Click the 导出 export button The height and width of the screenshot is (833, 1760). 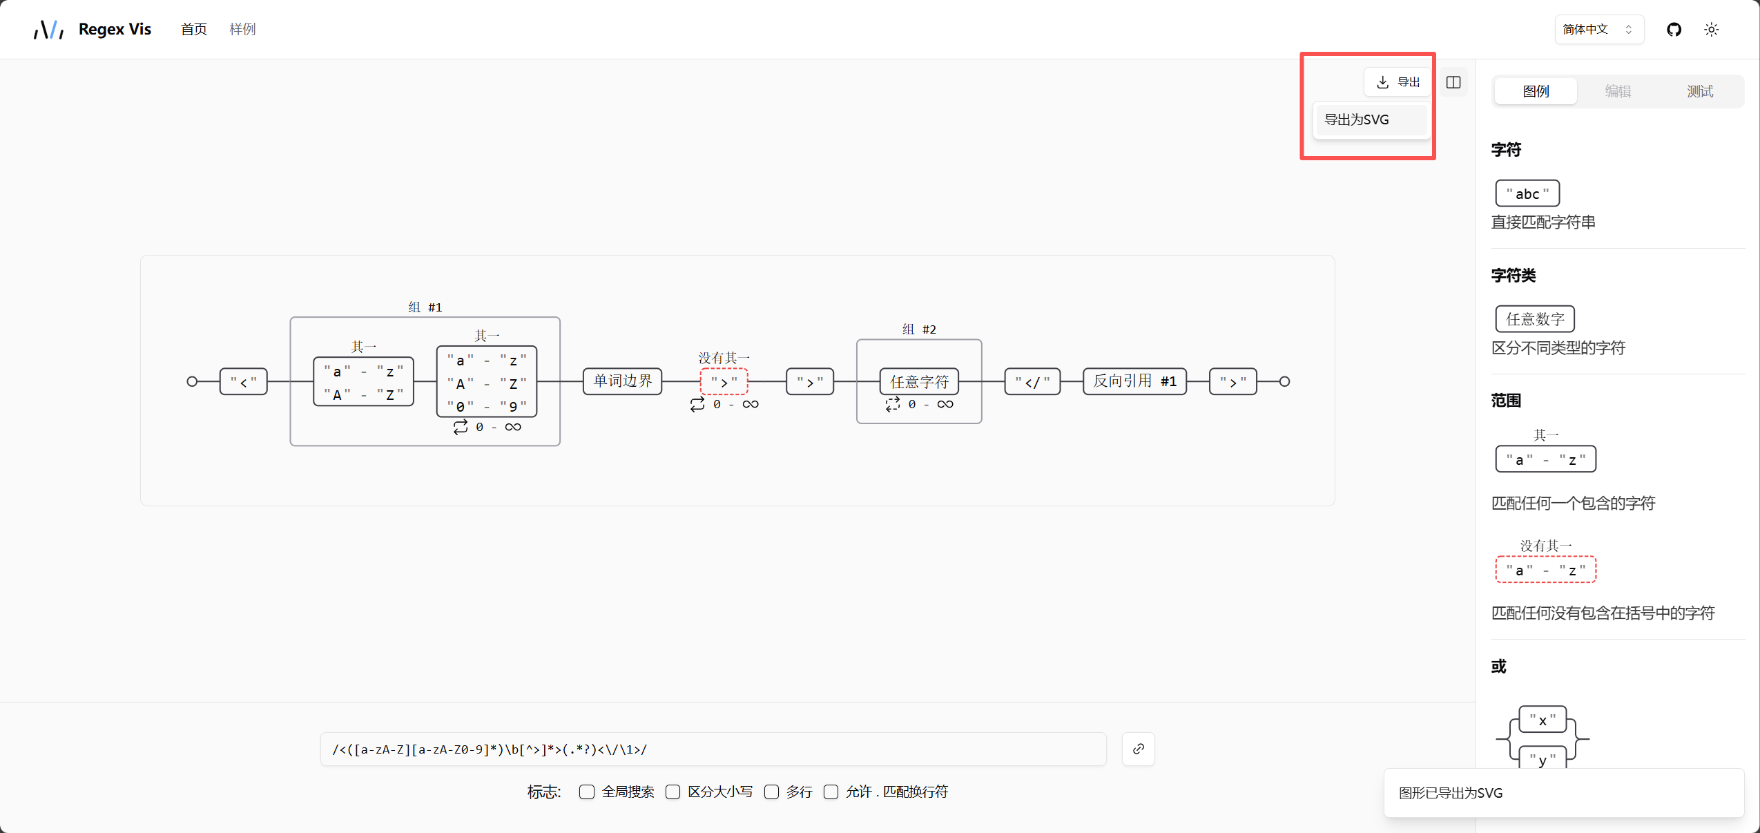(1398, 82)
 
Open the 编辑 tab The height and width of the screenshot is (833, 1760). (1617, 91)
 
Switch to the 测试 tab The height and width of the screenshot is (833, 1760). (1699, 91)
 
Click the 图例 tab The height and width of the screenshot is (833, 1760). (1536, 91)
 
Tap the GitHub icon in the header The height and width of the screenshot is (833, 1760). (1674, 30)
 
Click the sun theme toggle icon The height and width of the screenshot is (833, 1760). (1711, 30)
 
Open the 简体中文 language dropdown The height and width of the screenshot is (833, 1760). (1598, 30)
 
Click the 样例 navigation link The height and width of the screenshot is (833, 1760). (242, 29)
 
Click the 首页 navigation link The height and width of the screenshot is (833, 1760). (193, 29)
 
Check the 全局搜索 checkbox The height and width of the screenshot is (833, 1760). (587, 792)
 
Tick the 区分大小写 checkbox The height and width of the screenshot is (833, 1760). (673, 792)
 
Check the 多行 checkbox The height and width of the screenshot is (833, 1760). (772, 792)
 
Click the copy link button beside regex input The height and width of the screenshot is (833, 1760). (1138, 749)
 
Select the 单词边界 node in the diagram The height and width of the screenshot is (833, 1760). (622, 381)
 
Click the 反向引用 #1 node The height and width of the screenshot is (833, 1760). (1134, 381)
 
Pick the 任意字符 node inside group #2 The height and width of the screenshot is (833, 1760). (919, 381)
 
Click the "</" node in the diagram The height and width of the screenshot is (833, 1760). (1032, 381)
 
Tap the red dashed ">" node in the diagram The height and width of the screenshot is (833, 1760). (724, 381)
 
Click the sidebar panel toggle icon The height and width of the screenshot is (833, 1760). (1453, 82)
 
